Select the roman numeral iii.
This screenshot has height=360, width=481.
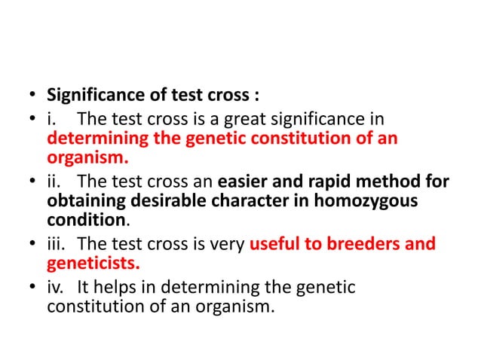click(55, 244)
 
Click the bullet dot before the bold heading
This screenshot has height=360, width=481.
click(32, 97)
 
